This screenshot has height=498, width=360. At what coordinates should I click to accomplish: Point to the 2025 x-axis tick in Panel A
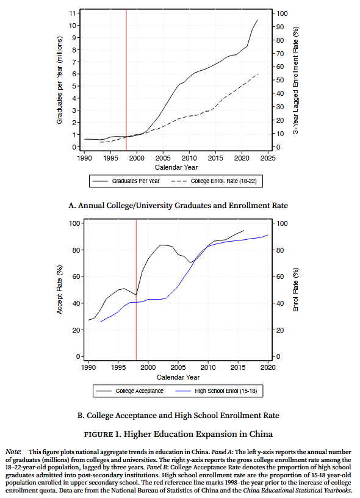268,158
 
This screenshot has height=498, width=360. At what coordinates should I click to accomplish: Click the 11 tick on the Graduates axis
73,13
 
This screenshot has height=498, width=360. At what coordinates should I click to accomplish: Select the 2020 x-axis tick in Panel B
268,367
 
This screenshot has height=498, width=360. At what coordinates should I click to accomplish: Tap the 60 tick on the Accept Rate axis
76,276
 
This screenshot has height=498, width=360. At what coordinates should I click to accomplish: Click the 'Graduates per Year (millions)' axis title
59,81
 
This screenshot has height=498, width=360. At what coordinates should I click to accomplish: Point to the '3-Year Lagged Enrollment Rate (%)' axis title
295,81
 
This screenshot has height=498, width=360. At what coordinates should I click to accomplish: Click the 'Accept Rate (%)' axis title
59,290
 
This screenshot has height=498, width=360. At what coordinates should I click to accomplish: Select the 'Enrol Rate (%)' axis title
295,290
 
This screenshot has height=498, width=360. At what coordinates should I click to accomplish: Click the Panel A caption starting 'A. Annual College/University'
178,206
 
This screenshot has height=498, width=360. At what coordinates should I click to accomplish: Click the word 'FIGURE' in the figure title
98,435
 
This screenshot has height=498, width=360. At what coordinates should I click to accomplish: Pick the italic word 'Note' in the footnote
13,452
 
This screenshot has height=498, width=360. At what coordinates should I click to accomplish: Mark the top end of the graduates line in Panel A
257,20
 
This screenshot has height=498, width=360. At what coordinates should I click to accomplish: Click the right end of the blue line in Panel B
268,235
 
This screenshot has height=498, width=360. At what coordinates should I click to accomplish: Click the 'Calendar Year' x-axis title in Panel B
178,377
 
